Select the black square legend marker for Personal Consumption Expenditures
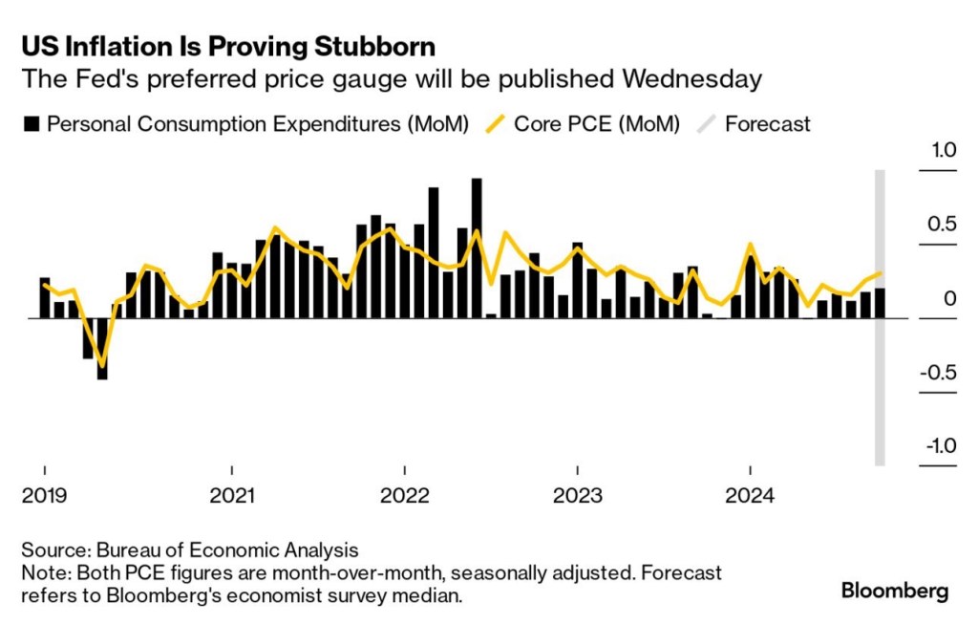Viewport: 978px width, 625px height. tap(32, 123)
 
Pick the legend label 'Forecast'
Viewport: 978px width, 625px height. tap(768, 123)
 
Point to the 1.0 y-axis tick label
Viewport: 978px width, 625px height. tap(944, 151)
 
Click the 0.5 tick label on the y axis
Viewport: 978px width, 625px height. tap(944, 225)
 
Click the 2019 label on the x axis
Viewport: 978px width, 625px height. tap(44, 497)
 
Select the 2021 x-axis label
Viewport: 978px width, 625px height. tap(232, 497)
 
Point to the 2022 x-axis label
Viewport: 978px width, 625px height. tap(405, 497)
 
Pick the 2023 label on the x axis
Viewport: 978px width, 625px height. tap(577, 497)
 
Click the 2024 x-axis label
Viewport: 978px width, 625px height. tap(750, 497)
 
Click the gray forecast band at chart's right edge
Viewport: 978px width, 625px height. tap(881, 382)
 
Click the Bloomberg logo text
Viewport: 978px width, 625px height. tap(895, 592)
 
